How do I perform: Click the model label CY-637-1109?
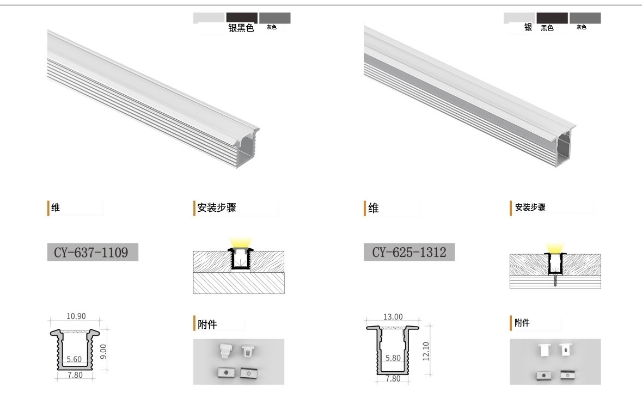(x=91, y=252)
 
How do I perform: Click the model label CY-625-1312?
(x=409, y=252)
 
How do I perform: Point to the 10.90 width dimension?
(x=76, y=316)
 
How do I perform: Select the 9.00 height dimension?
(x=103, y=351)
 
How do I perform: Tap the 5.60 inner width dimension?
(x=74, y=359)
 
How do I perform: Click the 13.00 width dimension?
(x=393, y=317)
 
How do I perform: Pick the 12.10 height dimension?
(x=426, y=351)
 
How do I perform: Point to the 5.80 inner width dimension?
(x=393, y=358)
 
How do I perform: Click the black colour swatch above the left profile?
(x=242, y=17)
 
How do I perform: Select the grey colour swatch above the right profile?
(x=585, y=17)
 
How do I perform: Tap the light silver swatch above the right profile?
(x=519, y=17)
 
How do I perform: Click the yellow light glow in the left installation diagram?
(x=240, y=243)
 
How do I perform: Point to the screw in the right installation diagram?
(x=555, y=280)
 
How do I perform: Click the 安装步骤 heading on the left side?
(x=217, y=207)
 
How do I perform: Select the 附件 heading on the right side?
(x=522, y=323)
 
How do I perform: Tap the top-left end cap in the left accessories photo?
(x=225, y=351)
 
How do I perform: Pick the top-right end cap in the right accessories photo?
(x=565, y=349)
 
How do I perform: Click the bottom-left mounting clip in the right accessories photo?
(x=543, y=375)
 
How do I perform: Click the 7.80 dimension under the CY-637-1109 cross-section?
(x=75, y=375)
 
